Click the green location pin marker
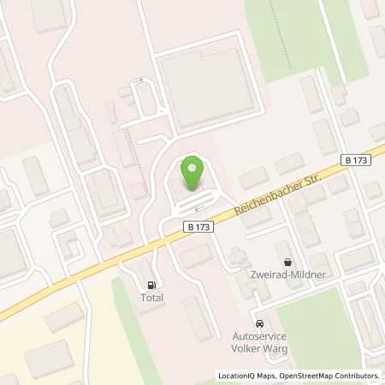193,174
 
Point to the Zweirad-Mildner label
287,276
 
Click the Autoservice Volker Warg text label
261,343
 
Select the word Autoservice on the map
261,337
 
